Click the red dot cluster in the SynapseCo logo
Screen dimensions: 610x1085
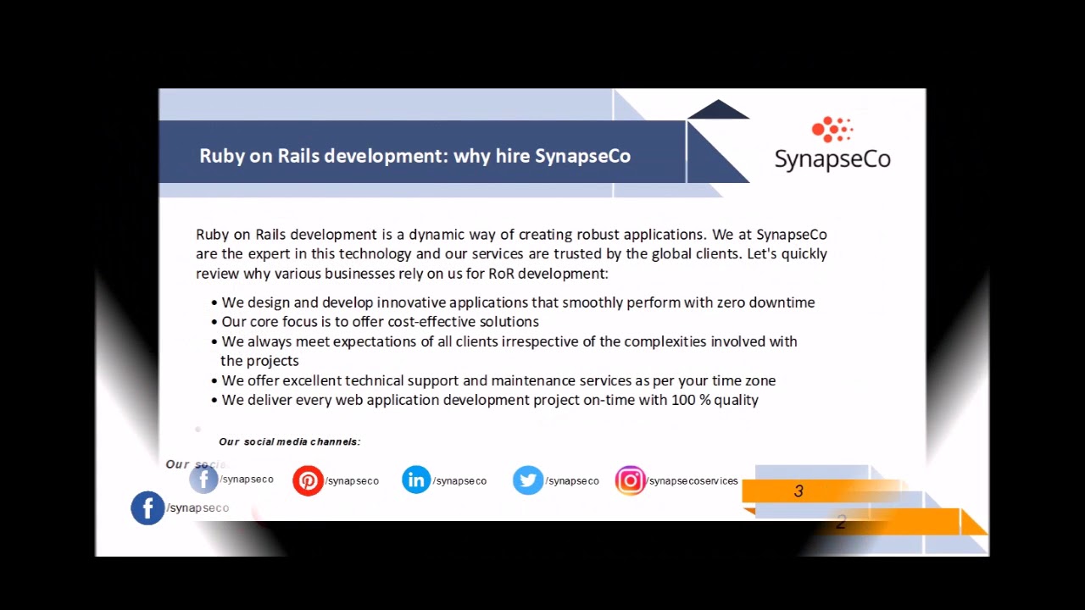click(x=832, y=130)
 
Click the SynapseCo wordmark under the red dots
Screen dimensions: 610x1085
click(x=832, y=158)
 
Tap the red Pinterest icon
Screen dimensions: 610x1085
click(x=308, y=480)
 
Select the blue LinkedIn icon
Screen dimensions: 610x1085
click(x=416, y=480)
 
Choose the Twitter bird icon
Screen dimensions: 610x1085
click(x=527, y=480)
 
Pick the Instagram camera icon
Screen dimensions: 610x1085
click(x=630, y=480)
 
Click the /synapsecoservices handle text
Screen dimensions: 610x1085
click(x=693, y=480)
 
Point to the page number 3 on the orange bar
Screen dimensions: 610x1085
click(x=798, y=491)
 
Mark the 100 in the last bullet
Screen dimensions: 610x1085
click(x=683, y=400)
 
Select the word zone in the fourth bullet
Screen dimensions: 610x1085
click(x=759, y=380)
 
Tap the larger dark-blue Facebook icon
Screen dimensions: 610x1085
click(x=147, y=508)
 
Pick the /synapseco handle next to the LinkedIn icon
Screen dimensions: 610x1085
click(x=459, y=480)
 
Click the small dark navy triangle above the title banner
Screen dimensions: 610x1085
click(x=718, y=109)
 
